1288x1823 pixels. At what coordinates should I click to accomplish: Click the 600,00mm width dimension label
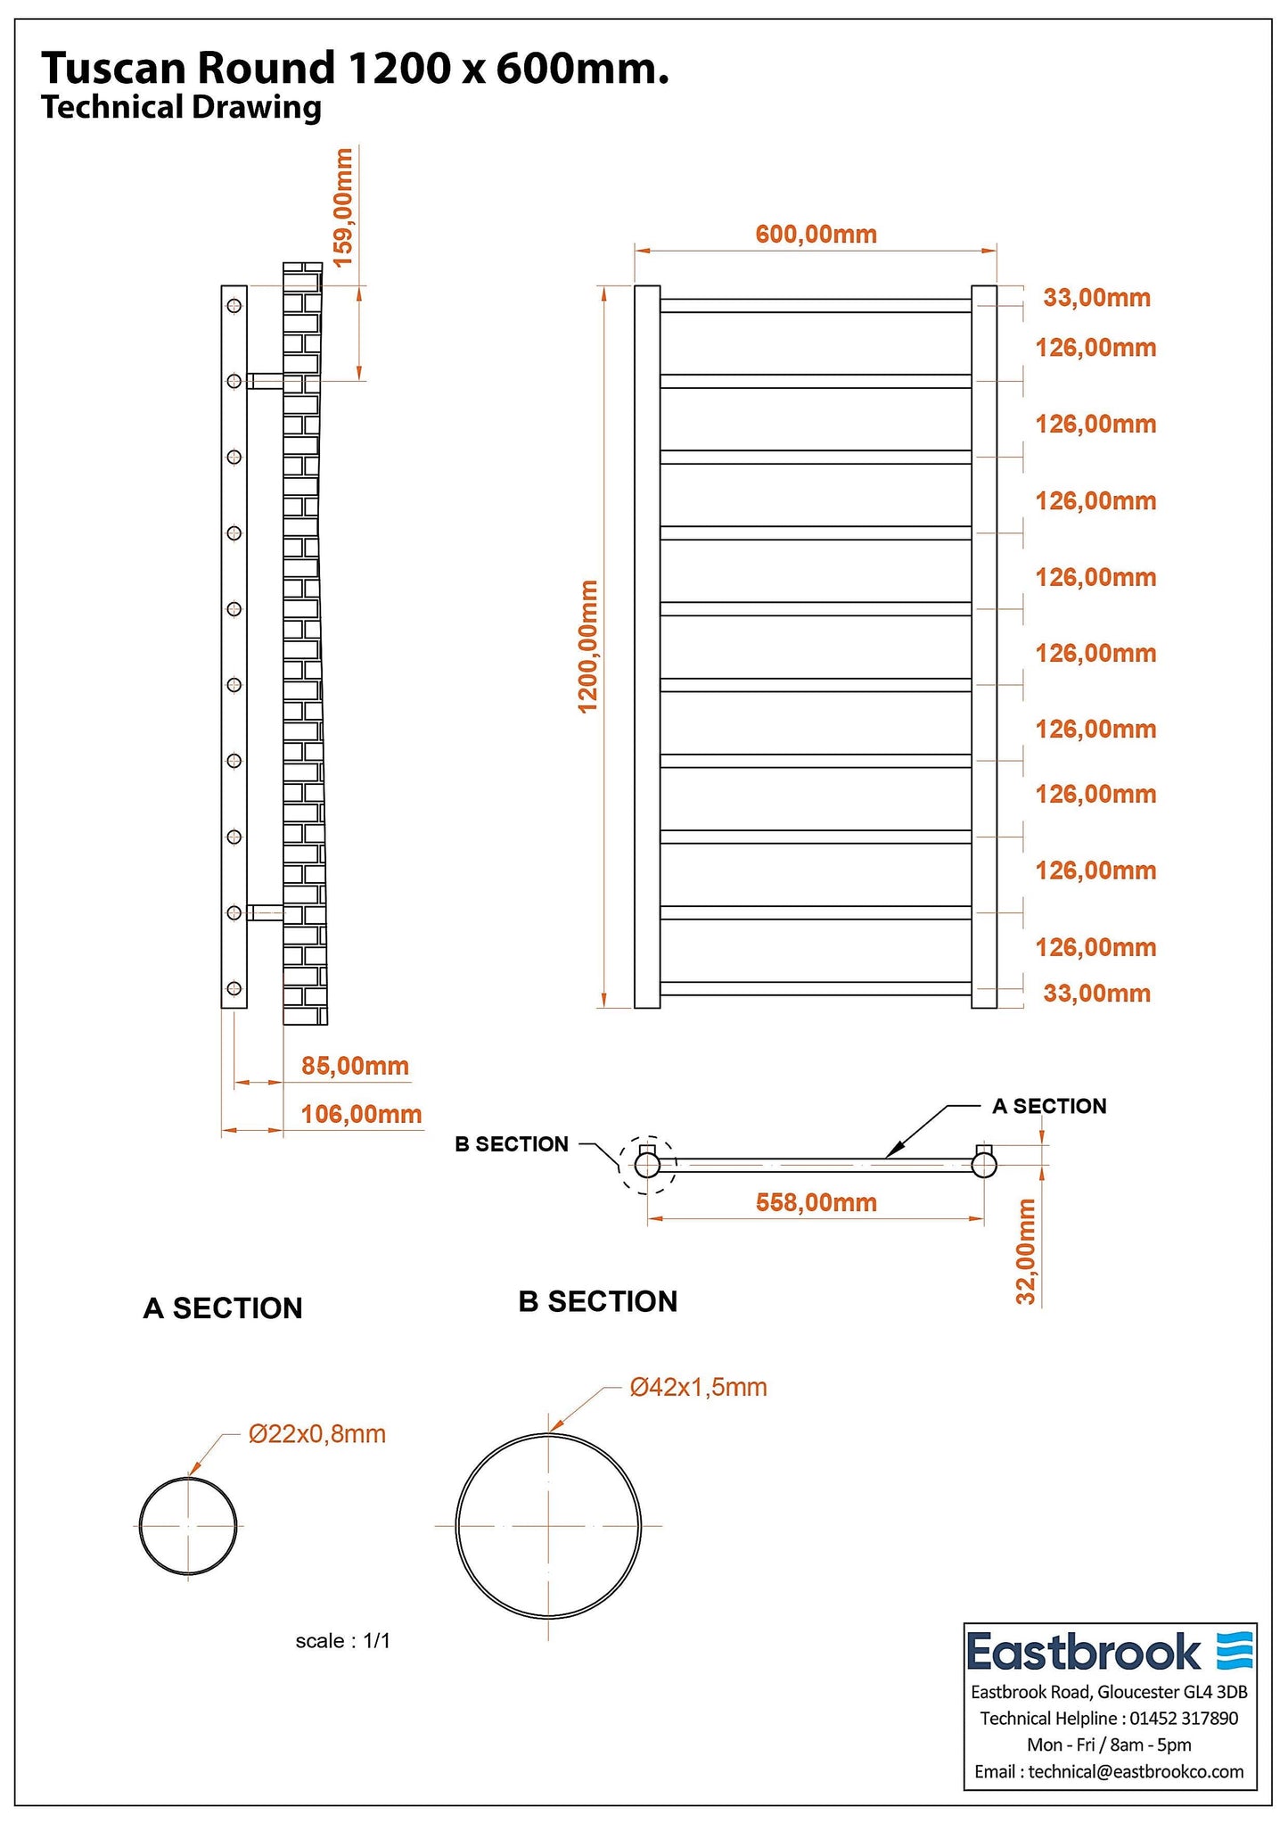point(816,235)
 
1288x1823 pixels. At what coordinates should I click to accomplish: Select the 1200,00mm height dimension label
point(587,647)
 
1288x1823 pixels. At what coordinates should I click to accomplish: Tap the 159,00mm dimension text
point(343,207)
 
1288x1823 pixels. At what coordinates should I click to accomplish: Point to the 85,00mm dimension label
point(355,1066)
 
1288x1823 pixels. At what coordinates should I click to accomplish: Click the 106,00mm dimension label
point(361,1114)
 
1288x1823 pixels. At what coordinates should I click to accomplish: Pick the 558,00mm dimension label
point(816,1203)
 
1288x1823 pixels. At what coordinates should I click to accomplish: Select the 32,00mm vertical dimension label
point(1026,1252)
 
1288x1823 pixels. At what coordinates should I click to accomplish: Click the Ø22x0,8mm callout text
point(317,1434)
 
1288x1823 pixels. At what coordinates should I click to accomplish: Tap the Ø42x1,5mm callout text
point(698,1387)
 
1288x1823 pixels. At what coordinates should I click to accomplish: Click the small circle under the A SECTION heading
point(188,1526)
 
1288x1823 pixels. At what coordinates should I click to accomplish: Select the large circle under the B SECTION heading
point(548,1525)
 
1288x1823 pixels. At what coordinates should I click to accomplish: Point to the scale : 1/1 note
point(343,1640)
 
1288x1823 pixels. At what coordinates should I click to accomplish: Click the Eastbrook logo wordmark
point(1083,1651)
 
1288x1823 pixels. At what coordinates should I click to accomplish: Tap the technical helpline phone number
point(1184,1718)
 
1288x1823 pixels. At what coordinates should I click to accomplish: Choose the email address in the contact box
point(1136,1771)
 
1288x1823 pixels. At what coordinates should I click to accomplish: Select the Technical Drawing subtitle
point(181,108)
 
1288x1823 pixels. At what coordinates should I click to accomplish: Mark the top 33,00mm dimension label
point(1096,298)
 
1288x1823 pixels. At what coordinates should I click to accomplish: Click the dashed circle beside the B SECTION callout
point(647,1164)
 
